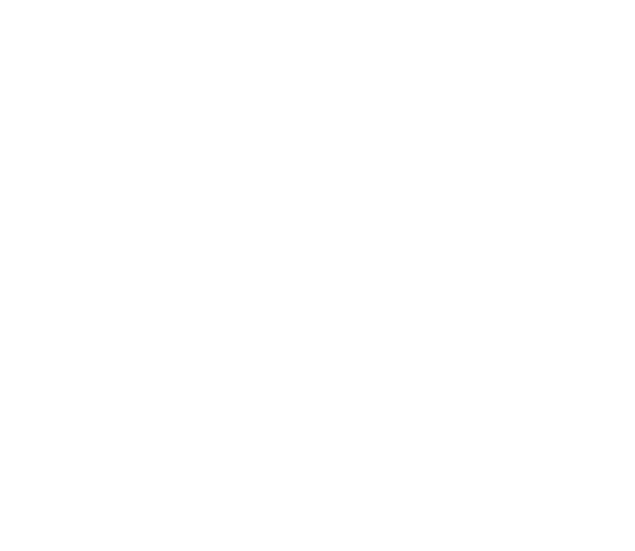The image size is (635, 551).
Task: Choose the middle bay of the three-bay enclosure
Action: pyautogui.click(x=268, y=119)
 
